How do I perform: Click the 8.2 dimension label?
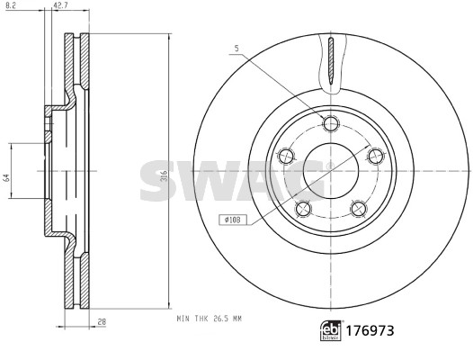tap(10, 5)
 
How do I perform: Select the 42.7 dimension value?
tap(59, 5)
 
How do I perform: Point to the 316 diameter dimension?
tap(164, 175)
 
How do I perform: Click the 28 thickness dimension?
tap(103, 322)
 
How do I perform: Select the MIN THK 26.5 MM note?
tap(210, 319)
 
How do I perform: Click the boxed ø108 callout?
tap(233, 220)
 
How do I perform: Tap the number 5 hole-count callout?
tap(236, 49)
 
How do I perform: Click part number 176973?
tap(370, 330)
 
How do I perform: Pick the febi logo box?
tap(331, 330)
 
